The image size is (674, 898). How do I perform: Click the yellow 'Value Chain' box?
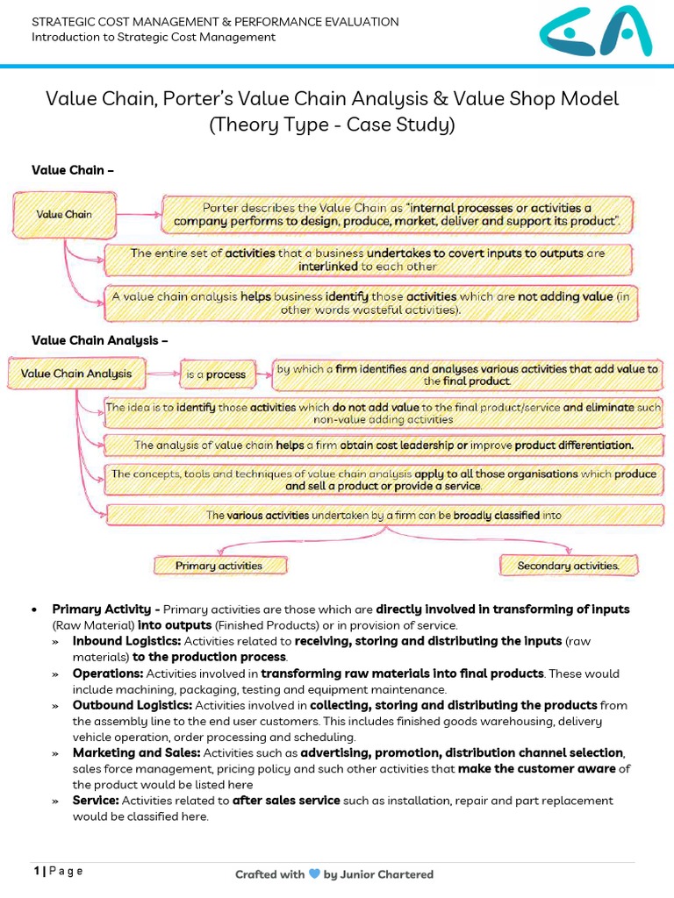point(64,214)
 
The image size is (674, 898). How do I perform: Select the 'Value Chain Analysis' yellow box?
point(76,374)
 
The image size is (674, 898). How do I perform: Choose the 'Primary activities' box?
point(219,566)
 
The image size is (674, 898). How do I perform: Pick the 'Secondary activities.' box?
point(568,566)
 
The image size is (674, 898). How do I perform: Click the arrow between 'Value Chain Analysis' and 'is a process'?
point(161,374)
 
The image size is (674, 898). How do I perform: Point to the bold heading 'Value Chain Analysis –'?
point(99,339)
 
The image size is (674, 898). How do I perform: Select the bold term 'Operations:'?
point(108,673)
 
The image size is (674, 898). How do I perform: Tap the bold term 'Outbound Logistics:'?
point(132,705)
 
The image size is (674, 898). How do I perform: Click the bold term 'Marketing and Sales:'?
point(134,753)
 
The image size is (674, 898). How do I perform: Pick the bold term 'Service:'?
point(96,801)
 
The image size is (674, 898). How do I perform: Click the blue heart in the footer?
point(313,873)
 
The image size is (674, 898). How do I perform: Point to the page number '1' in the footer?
point(37,871)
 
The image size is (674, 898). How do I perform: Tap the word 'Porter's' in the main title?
point(254,98)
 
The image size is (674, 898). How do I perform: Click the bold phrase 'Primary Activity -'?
point(106,609)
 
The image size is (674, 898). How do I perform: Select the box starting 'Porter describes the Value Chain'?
point(397,215)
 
